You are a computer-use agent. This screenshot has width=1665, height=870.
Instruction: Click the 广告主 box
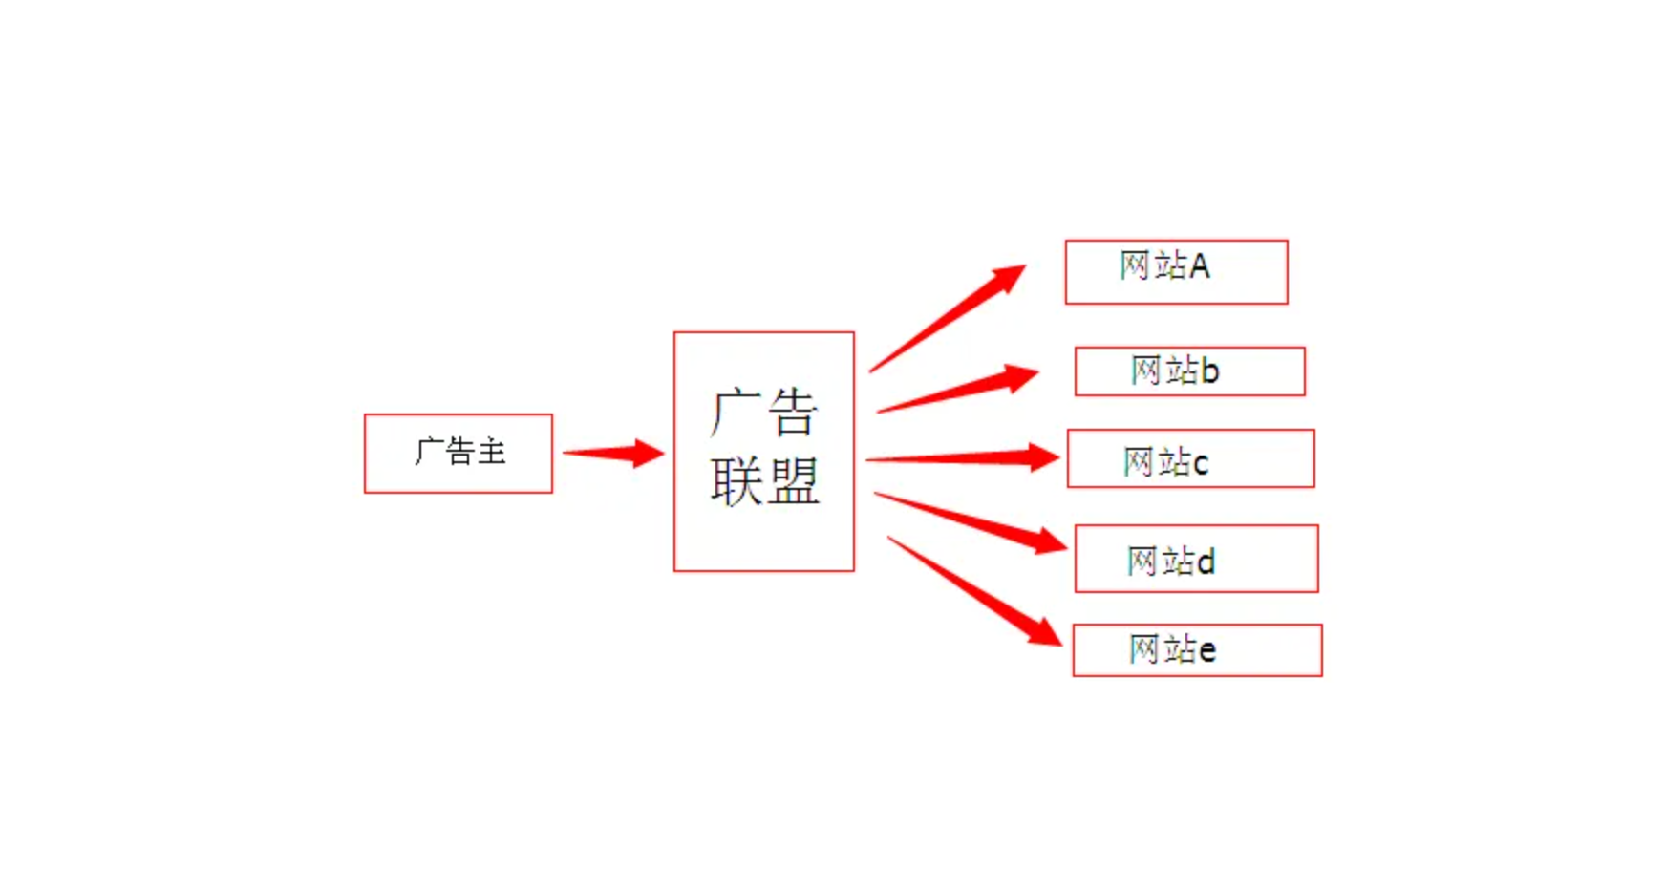[x=459, y=454]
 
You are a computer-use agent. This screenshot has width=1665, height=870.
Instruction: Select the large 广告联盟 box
[x=764, y=452]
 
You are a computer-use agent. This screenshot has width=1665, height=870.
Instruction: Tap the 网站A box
[x=1176, y=272]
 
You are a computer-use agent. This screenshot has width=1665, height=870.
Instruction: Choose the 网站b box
[x=1189, y=371]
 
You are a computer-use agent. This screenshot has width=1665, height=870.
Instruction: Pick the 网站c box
[x=1190, y=459]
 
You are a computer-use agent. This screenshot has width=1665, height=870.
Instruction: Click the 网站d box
[x=1196, y=559]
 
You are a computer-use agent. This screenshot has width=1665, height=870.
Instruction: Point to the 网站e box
[x=1197, y=650]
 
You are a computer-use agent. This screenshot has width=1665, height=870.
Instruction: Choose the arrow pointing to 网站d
[x=971, y=522]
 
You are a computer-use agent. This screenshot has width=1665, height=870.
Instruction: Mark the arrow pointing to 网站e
[x=974, y=590]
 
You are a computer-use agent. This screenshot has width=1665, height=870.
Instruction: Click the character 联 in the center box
[x=736, y=481]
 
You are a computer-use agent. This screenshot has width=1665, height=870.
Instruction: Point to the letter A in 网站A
[x=1200, y=265]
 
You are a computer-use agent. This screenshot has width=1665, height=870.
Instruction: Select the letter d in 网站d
[x=1206, y=562]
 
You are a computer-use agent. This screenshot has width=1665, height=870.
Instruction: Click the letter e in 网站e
[x=1207, y=651]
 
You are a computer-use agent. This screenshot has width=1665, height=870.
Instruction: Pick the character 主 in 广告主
[x=491, y=452]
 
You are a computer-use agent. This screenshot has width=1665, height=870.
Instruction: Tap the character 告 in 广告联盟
[x=793, y=413]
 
